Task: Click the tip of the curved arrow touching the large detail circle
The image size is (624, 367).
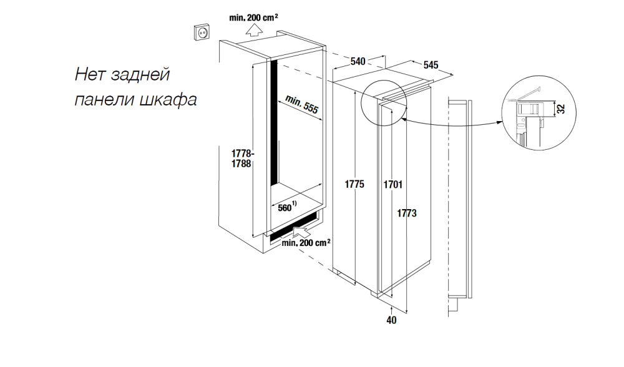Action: point(502,122)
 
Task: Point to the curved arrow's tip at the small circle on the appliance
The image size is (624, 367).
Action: point(402,118)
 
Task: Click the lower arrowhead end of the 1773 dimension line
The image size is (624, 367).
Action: point(407,313)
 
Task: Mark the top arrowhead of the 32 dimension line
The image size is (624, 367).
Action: point(555,101)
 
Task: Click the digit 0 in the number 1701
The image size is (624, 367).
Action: point(396,185)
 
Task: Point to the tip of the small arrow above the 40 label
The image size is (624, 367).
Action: point(392,307)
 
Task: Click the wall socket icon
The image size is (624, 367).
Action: point(202,32)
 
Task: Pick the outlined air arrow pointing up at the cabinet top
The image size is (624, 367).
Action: point(254,30)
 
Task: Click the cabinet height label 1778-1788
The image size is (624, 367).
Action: point(242,159)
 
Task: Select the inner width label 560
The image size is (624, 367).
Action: point(285,208)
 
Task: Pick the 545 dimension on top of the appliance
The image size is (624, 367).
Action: point(431,65)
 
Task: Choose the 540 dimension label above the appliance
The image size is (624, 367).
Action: point(358,61)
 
